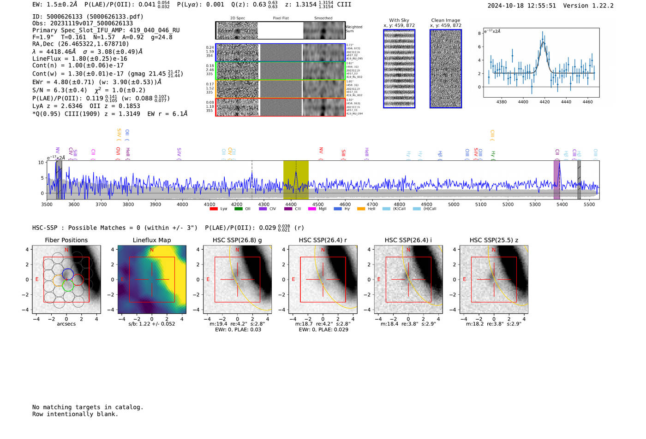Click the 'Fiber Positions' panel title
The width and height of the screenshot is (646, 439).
click(x=66, y=240)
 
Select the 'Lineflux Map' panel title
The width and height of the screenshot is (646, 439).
click(x=151, y=240)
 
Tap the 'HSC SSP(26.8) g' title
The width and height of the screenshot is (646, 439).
click(x=237, y=240)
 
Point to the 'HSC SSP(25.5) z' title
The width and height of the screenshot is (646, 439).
click(x=494, y=240)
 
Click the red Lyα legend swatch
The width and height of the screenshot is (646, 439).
click(x=213, y=209)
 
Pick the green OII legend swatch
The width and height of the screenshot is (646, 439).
click(x=238, y=209)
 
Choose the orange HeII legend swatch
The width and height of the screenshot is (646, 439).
click(x=360, y=209)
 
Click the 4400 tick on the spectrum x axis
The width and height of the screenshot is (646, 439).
click(x=291, y=204)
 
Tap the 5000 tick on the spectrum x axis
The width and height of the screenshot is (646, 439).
click(x=454, y=204)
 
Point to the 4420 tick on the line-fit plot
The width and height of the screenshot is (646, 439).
click(x=544, y=102)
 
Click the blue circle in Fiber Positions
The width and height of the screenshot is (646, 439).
click(x=67, y=273)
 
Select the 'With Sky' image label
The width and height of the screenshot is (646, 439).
click(x=399, y=20)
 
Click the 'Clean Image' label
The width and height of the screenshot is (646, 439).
click(x=445, y=20)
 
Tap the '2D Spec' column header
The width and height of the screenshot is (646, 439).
click(x=237, y=18)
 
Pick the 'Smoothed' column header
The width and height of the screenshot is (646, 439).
click(x=323, y=18)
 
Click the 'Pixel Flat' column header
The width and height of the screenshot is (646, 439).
click(x=281, y=18)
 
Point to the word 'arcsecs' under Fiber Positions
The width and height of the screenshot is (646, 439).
click(x=66, y=324)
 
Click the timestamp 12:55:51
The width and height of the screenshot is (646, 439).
click(x=540, y=6)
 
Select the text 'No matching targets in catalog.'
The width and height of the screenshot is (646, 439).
click(x=88, y=407)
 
